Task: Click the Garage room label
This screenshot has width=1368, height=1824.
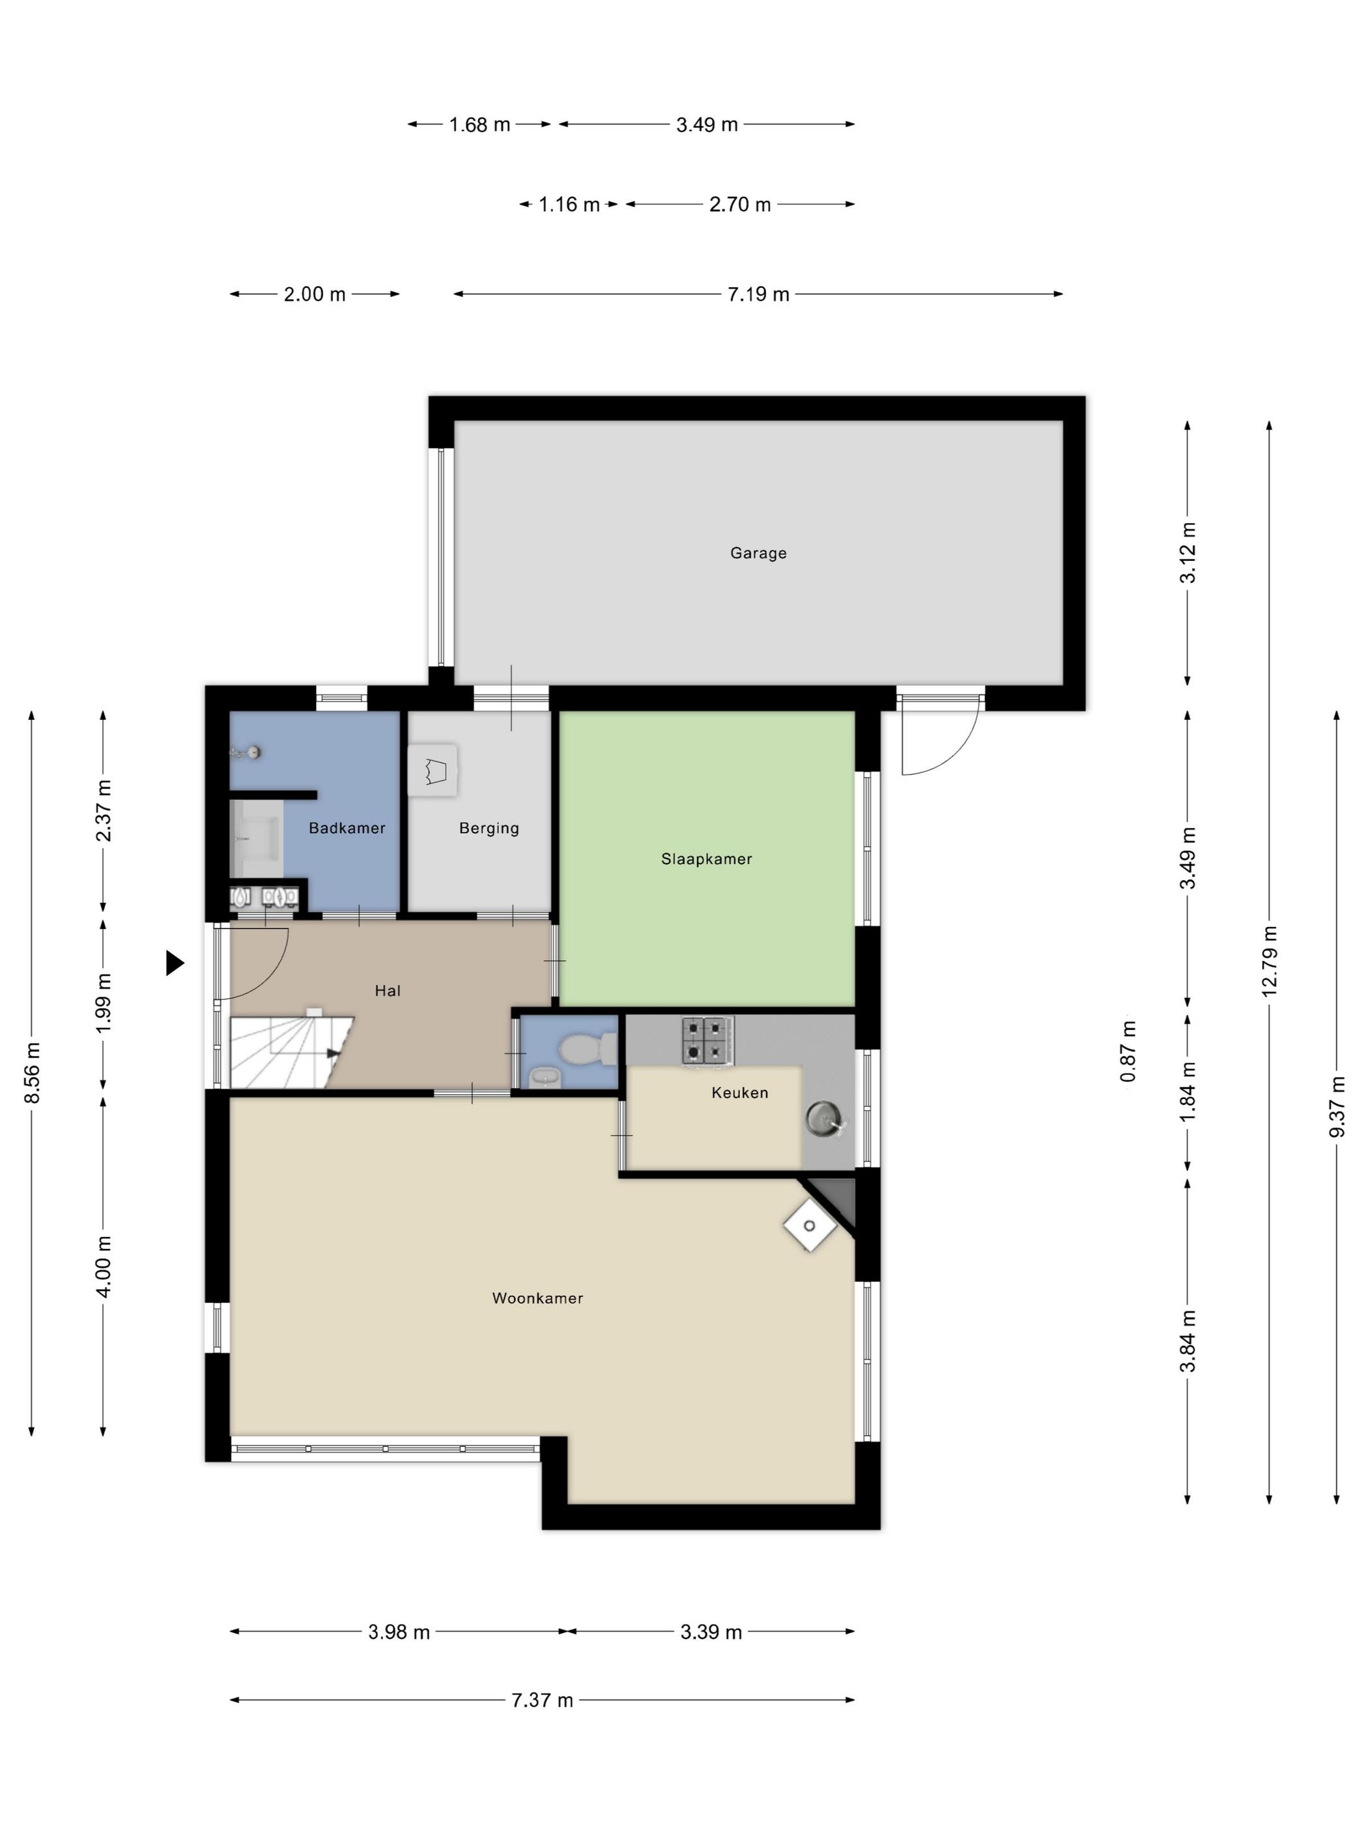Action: pos(758,553)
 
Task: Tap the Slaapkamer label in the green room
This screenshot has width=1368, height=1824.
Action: pos(707,859)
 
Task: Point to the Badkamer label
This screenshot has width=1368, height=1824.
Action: pos(347,828)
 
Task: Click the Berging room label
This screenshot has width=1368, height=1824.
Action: pos(489,829)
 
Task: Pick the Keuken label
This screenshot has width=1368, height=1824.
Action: pos(739,1092)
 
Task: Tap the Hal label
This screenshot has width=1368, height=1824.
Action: pos(388,991)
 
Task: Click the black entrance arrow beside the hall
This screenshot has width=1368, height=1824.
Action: pos(175,963)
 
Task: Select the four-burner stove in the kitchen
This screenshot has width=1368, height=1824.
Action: pos(707,1040)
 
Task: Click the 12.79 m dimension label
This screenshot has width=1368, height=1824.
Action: pos(1269,962)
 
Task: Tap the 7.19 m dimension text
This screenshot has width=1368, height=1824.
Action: pos(758,294)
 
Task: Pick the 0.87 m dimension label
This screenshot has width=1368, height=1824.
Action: pos(1128,1052)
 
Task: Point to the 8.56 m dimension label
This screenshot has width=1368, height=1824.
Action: pos(31,1073)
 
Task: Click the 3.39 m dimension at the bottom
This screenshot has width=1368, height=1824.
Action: pos(711,1632)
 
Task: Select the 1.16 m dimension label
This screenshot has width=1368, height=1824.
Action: pos(569,205)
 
